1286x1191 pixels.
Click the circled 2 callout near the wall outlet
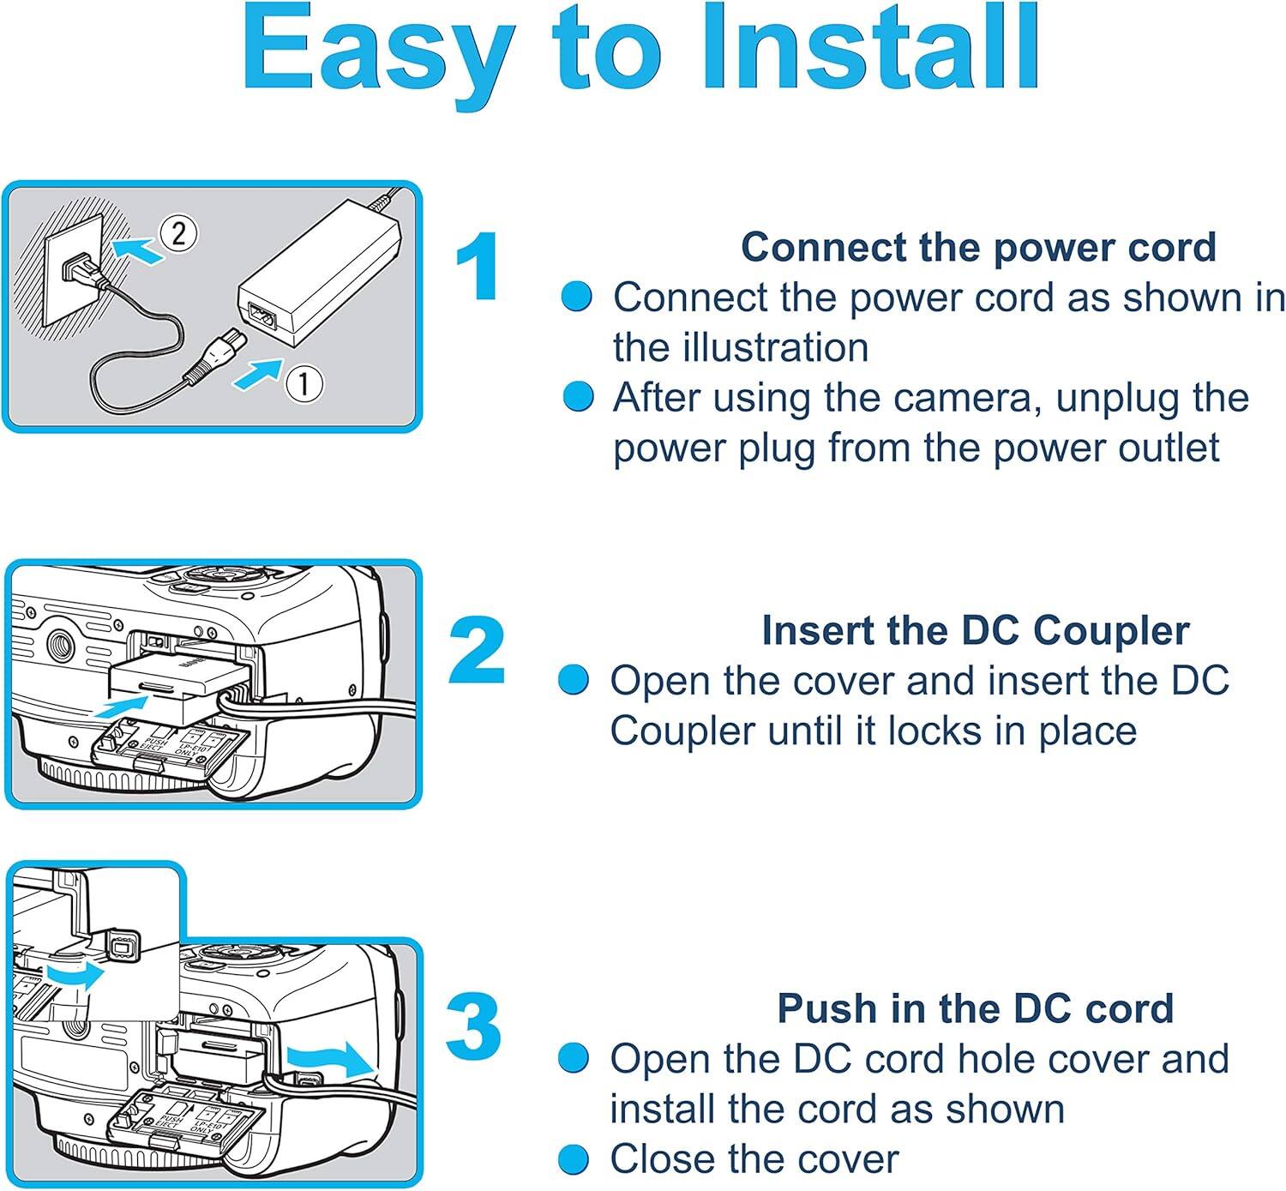178,233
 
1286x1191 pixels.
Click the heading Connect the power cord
978,247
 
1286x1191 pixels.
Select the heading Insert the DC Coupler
975,630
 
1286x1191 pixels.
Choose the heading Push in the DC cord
975,1008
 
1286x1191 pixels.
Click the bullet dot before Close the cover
574,1160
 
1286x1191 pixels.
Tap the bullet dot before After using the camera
578,397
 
